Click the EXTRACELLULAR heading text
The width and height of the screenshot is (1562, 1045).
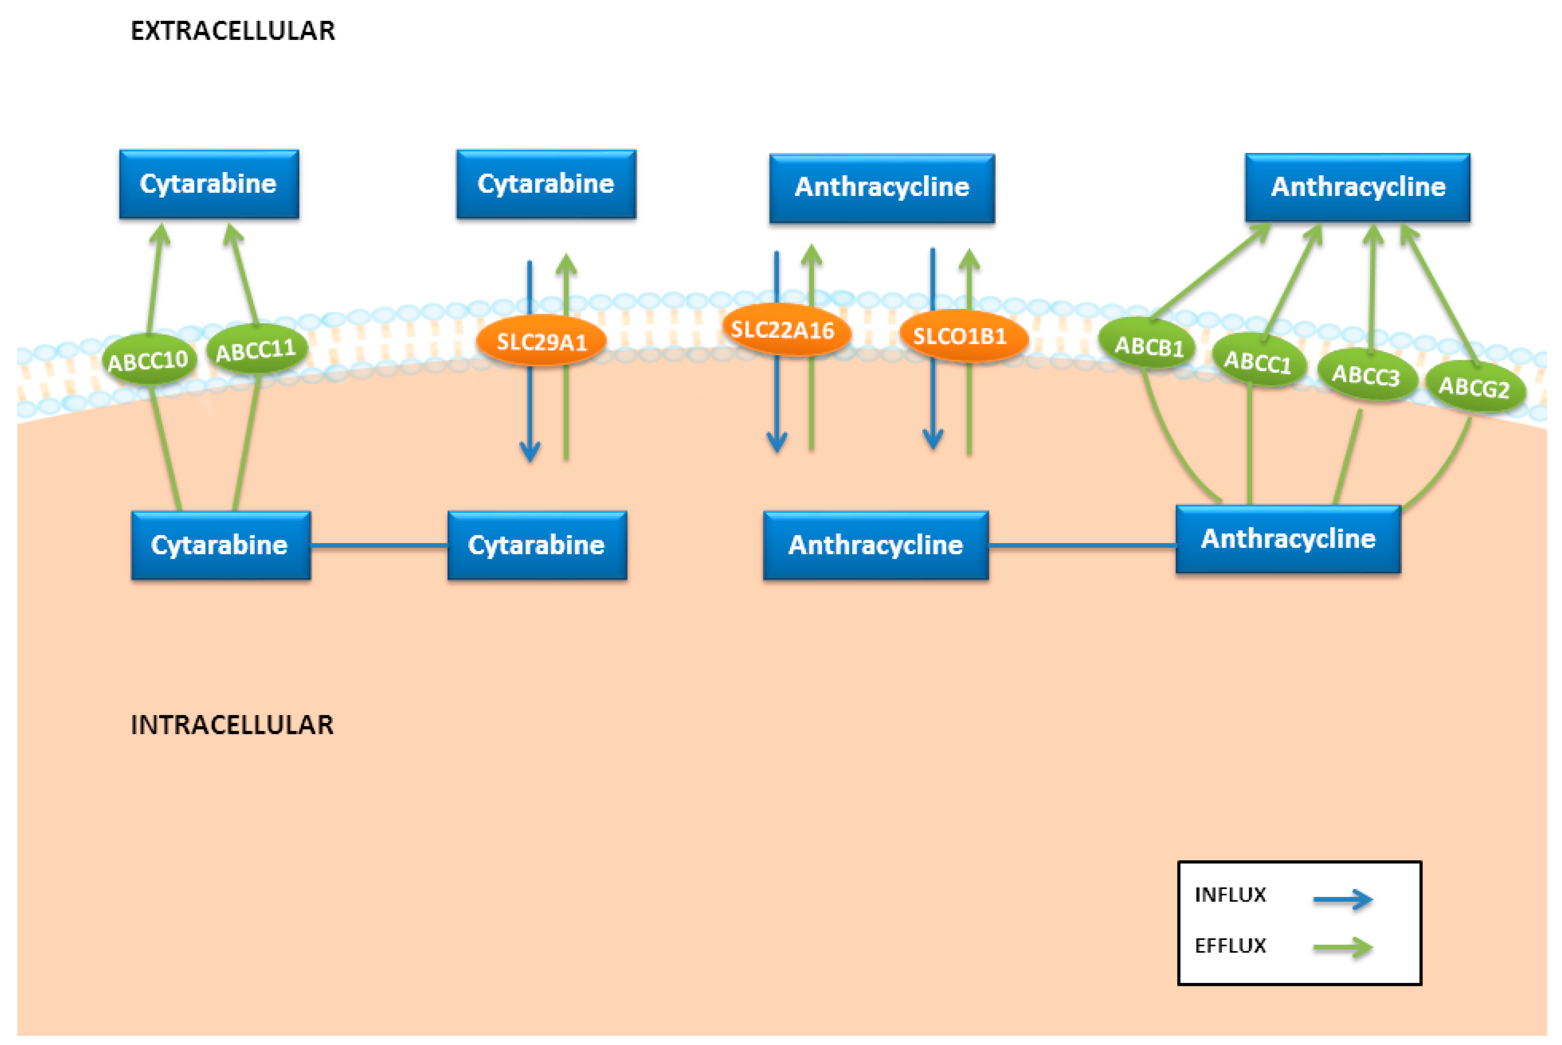pos(233,31)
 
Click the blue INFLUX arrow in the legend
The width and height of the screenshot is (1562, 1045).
pos(1342,899)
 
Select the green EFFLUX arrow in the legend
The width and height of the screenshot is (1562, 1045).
pos(1342,947)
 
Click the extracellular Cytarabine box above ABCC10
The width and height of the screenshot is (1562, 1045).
pos(209,184)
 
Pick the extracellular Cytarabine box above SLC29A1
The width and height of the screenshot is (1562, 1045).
pos(546,184)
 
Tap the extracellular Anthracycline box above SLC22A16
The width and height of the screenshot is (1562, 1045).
pos(882,188)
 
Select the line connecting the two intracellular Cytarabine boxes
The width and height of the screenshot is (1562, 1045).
pos(379,546)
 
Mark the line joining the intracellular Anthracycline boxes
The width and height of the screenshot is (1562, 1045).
pos(1081,546)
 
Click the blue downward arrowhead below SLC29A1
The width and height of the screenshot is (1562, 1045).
pos(530,452)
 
